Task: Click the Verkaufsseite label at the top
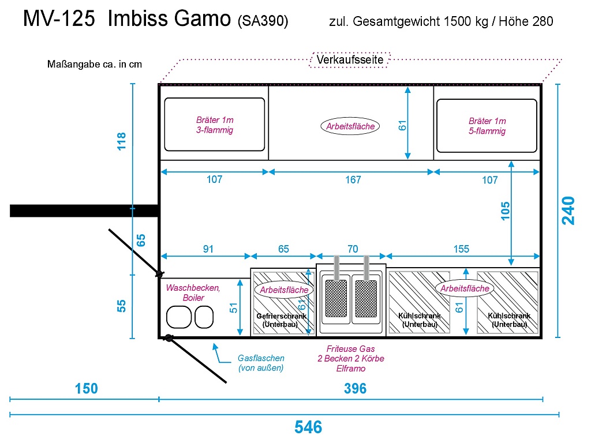click(x=350, y=59)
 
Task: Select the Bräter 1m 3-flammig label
click(x=215, y=125)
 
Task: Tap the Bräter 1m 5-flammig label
click(x=487, y=126)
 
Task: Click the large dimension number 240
click(x=568, y=211)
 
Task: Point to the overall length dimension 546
click(x=308, y=427)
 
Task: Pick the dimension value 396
click(x=355, y=389)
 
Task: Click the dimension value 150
click(x=86, y=389)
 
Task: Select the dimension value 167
click(x=353, y=180)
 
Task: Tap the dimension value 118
click(x=122, y=141)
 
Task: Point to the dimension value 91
click(x=208, y=249)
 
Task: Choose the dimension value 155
click(x=461, y=249)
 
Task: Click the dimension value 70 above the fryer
click(x=352, y=249)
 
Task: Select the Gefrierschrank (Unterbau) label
click(x=281, y=320)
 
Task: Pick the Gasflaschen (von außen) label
click(x=261, y=363)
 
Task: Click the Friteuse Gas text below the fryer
click(x=350, y=349)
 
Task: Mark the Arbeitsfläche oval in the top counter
click(x=350, y=126)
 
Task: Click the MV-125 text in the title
click(x=59, y=20)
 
